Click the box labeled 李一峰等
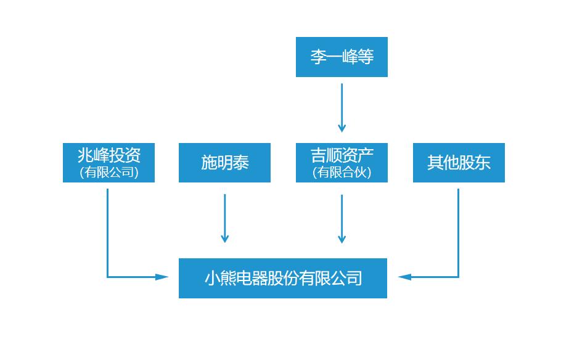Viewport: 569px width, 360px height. [342, 57]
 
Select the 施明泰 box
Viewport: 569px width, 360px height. [224, 163]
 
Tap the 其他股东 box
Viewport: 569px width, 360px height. [459, 163]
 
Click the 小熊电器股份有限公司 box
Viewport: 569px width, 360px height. [283, 278]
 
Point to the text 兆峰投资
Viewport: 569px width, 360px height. [108, 155]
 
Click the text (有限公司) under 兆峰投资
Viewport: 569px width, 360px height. [108, 173]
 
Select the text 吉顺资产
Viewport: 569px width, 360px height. [342, 155]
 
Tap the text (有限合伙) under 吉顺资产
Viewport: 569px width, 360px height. [342, 173]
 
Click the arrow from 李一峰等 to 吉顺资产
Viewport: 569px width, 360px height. [342, 107]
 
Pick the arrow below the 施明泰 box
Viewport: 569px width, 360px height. [224, 218]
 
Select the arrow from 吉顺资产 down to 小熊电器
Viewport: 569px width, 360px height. [342, 218]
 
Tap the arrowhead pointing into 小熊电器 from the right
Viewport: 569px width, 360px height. [404, 277]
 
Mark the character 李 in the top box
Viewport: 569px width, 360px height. [318, 57]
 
